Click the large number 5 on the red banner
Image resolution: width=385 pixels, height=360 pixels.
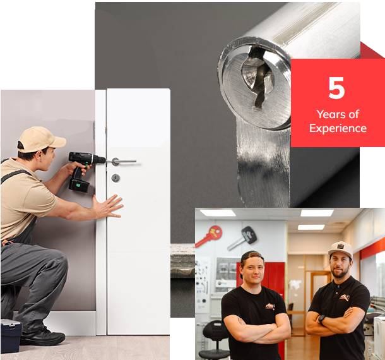coord(336,88)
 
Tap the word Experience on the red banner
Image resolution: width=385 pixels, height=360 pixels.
coord(338,128)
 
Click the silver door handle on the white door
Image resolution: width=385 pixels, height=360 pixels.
coord(124,162)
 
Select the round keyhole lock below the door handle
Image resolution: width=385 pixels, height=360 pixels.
coord(115,178)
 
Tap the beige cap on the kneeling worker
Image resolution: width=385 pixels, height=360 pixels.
coord(41,139)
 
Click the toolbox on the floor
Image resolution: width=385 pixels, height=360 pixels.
coord(11,335)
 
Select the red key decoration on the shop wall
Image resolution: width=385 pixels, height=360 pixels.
coord(209,236)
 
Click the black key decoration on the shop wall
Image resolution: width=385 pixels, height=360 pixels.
coord(243,238)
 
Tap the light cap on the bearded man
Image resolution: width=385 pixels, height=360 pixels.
coord(341,249)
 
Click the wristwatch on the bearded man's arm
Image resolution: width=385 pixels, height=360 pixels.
coord(321,319)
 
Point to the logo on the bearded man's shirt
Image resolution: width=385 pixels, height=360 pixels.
coord(344,297)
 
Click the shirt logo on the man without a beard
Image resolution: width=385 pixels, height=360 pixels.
coord(270,306)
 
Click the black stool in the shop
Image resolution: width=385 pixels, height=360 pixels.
coord(213,339)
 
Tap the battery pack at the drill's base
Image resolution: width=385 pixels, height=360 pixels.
coord(79,184)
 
